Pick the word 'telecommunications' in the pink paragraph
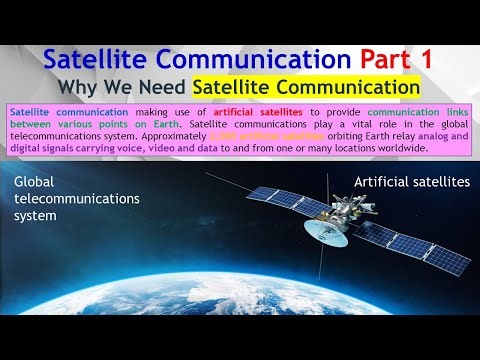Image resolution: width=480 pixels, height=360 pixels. (61, 137)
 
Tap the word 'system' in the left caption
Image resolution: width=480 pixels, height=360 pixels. (39, 214)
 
